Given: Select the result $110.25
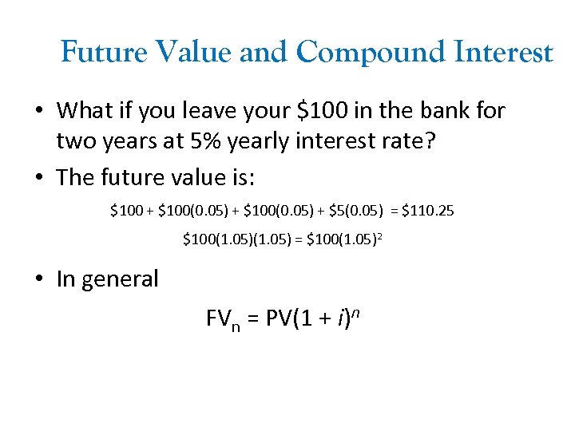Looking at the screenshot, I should [428, 212].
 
